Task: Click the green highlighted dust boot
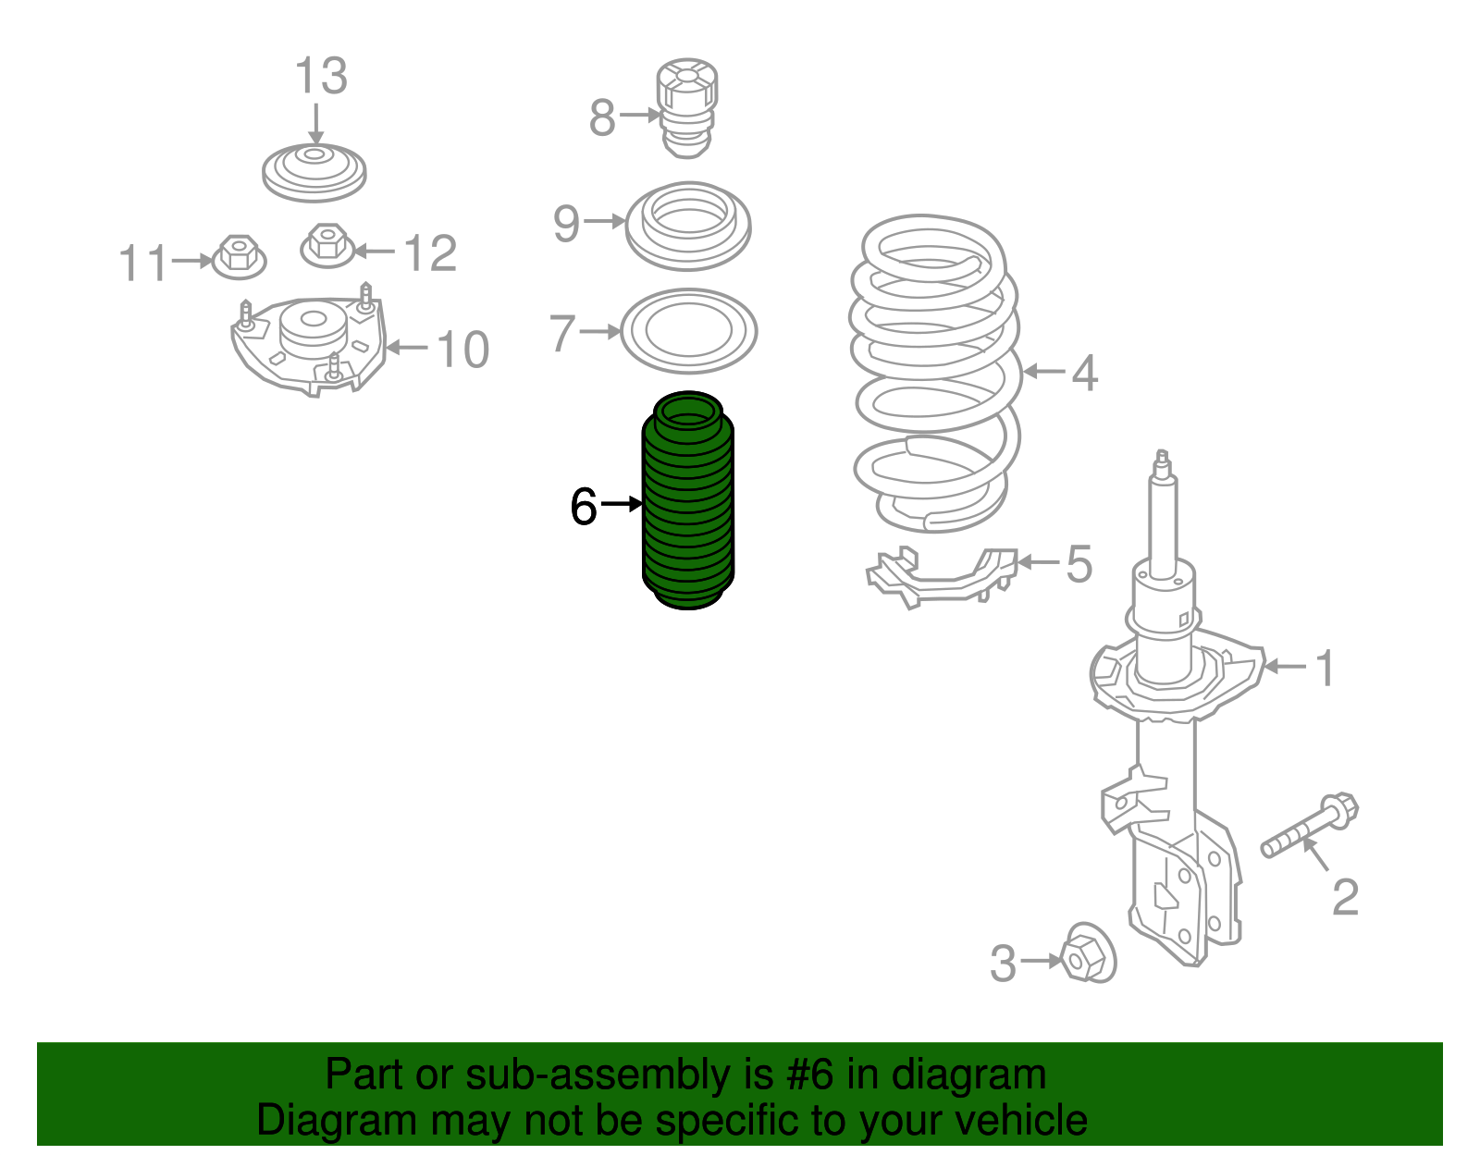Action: [x=688, y=500]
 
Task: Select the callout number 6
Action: [x=584, y=507]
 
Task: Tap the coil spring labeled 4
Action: [x=936, y=373]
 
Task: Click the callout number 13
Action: [x=321, y=76]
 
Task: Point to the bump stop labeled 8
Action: [x=687, y=109]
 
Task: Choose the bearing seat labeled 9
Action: [x=688, y=226]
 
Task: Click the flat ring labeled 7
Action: [x=688, y=331]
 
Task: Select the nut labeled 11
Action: [x=239, y=257]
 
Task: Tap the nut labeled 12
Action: [x=327, y=246]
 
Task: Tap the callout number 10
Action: [x=462, y=350]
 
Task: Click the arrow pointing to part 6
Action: [x=622, y=504]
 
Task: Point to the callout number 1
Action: [x=1325, y=668]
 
